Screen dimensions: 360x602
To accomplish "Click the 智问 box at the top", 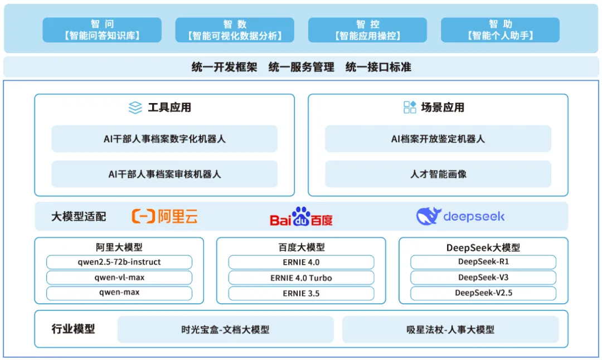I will (x=102, y=30).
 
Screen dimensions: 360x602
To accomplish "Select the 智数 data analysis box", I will (x=235, y=30).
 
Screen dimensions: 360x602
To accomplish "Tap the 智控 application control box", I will (x=367, y=30).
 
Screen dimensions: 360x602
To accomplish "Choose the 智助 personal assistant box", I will (x=500, y=30).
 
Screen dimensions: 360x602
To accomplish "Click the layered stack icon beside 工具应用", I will (x=135, y=108).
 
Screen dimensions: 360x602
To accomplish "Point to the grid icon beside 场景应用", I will (x=410, y=108).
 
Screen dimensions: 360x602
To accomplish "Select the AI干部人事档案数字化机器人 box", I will (x=164, y=139).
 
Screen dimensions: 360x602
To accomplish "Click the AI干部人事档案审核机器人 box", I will (x=164, y=174).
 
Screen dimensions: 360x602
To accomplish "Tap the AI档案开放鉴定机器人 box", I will (x=438, y=139).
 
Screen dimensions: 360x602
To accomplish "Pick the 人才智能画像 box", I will (x=438, y=174).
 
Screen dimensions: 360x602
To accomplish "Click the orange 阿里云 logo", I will (x=164, y=216).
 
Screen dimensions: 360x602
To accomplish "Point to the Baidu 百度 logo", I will (x=301, y=217).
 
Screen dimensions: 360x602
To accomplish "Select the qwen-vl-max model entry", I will (x=119, y=278).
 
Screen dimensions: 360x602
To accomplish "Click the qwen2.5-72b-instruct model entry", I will (x=119, y=262).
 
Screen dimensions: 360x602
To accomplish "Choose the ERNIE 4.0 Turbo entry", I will (x=301, y=278).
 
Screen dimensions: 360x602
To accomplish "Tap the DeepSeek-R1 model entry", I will (x=483, y=262).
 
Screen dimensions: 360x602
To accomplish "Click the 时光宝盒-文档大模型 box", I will (x=225, y=329).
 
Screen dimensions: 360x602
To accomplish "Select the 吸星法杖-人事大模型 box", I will (x=450, y=329).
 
